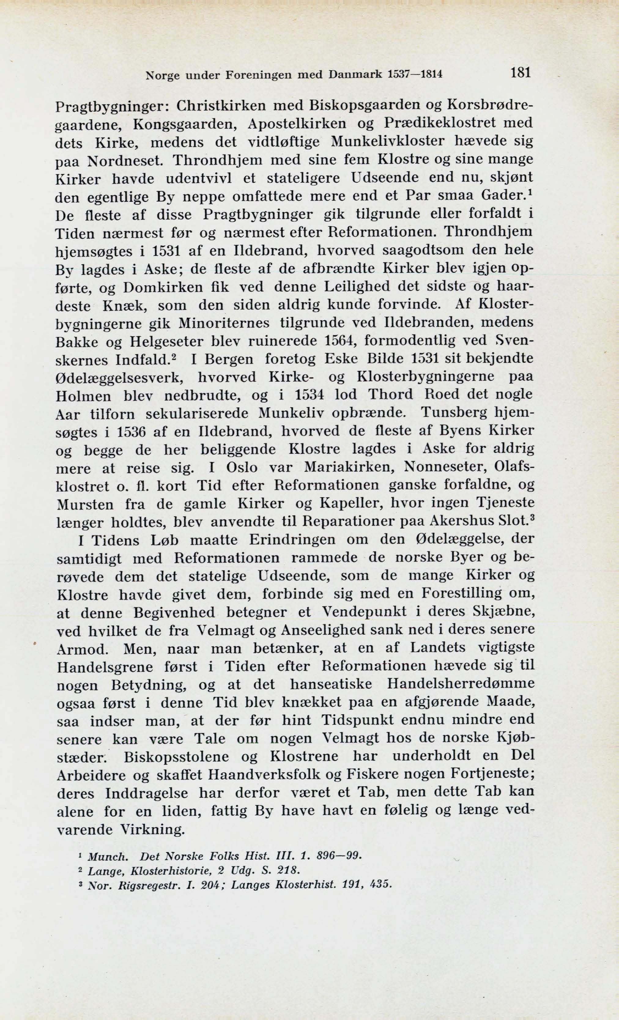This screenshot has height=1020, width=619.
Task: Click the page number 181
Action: (521, 73)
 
